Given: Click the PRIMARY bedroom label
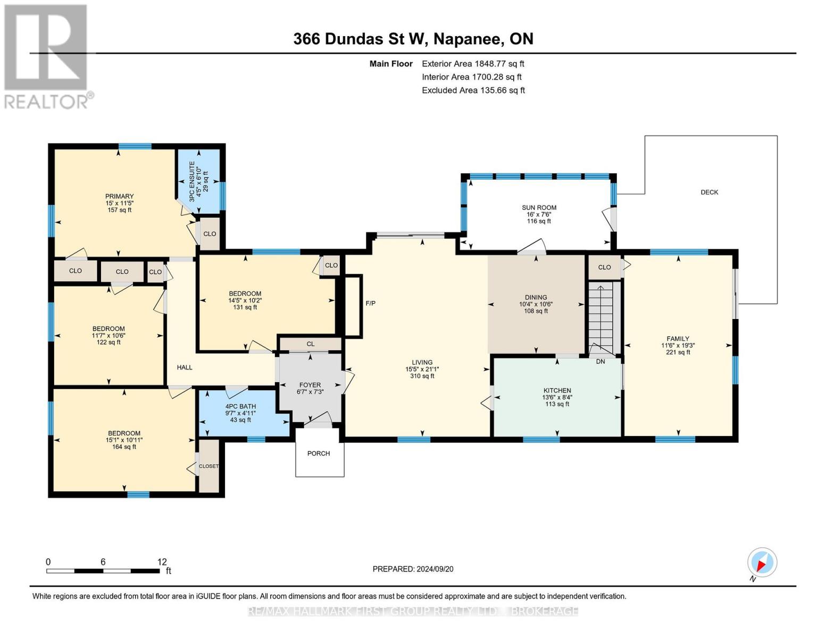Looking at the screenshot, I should tap(119, 196).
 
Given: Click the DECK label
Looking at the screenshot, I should tap(709, 192).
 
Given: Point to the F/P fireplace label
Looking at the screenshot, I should tap(371, 303).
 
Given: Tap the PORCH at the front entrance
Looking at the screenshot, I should tap(319, 454).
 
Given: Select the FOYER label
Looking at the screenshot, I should tap(310, 385).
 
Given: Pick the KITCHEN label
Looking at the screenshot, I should tap(557, 390).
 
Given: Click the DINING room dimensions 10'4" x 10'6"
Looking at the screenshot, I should tap(536, 305).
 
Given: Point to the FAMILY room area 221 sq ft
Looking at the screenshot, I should tap(678, 352).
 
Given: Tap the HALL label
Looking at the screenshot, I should tap(185, 367).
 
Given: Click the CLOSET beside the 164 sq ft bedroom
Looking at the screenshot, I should tap(208, 466).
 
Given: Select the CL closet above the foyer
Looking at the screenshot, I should tap(311, 344).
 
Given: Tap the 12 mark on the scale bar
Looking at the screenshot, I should tap(162, 562).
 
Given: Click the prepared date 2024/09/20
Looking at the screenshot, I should tap(413, 569).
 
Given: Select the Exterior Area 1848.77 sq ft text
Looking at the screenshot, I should tap(473, 64).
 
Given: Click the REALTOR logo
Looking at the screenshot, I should tap(47, 56).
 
